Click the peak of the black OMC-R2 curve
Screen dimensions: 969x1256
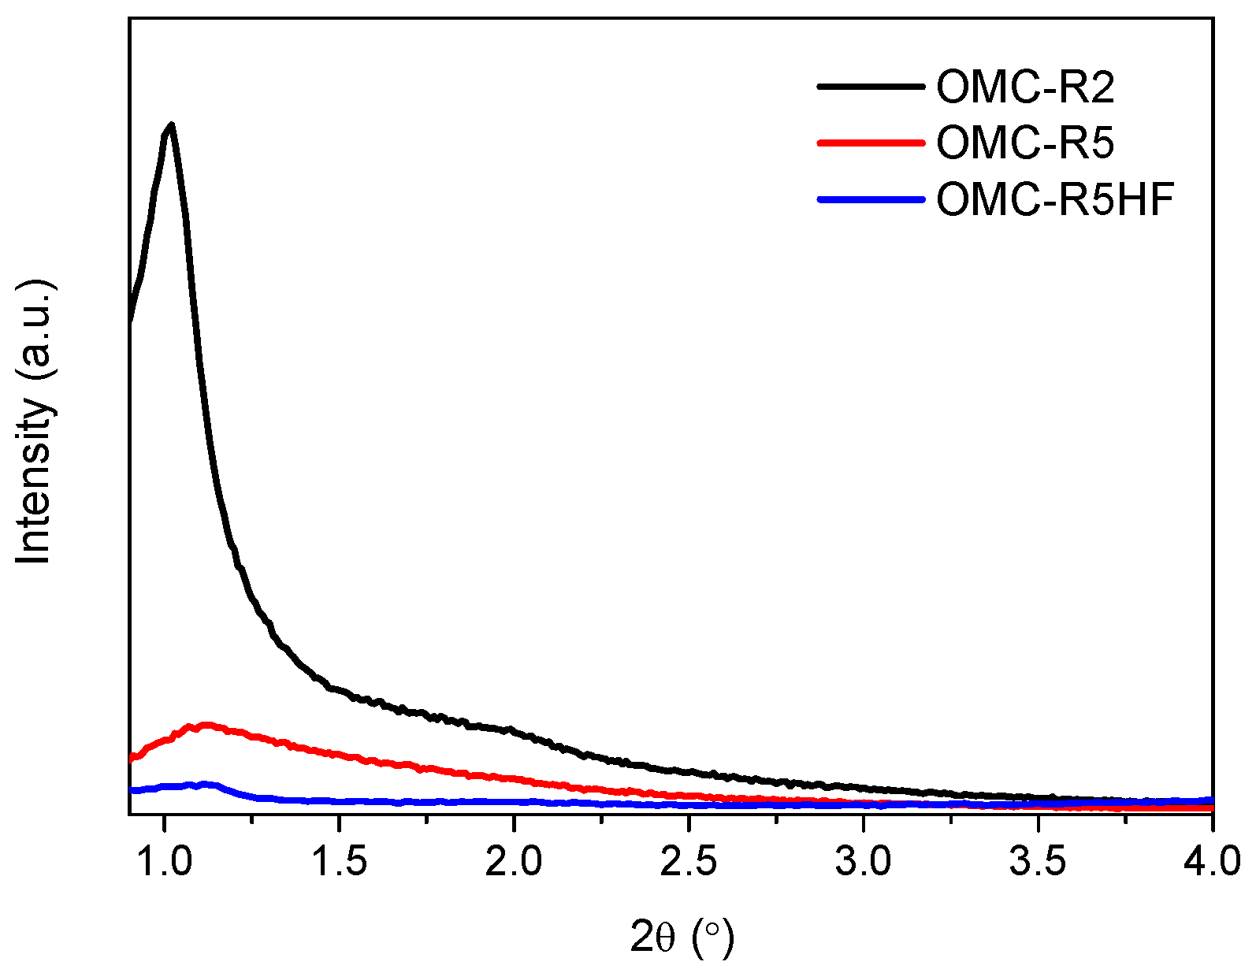tap(170, 124)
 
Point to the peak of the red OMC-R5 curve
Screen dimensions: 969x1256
tap(206, 724)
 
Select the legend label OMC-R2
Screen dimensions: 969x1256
tap(1025, 87)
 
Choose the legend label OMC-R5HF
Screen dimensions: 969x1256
tap(1055, 200)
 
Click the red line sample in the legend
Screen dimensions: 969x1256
tap(870, 143)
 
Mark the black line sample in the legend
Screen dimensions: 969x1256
tap(870, 87)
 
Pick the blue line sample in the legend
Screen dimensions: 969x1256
tap(870, 200)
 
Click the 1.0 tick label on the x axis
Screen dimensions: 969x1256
tap(164, 861)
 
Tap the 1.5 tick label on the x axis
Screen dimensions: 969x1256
tap(339, 861)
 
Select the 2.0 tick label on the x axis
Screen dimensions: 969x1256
tap(514, 861)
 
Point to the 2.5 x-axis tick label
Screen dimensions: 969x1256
tap(689, 861)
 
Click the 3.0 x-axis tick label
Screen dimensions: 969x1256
tap(864, 861)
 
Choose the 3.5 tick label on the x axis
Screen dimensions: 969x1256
tap(1039, 861)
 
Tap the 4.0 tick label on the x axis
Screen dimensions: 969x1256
tap(1212, 861)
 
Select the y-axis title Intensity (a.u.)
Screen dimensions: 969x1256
tap(35, 421)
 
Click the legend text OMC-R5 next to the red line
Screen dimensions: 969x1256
tap(1025, 143)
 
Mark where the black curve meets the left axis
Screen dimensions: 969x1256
tap(130, 319)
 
